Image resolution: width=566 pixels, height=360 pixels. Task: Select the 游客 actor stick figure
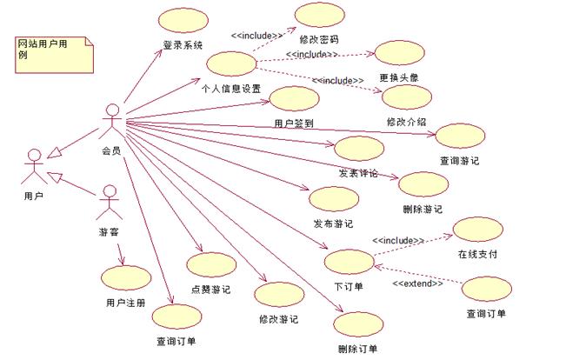tap(108, 202)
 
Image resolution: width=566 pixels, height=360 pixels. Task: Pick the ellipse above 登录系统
tap(183, 23)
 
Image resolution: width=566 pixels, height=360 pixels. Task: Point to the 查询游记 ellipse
tap(458, 136)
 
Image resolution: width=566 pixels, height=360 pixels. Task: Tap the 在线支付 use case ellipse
tap(477, 230)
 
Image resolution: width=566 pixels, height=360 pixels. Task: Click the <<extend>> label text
tap(417, 284)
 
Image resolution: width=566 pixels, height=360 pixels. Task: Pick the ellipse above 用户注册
tap(125, 277)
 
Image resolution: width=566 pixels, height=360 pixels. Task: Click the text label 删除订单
tap(356, 349)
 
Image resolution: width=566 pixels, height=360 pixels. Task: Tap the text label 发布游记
tap(333, 223)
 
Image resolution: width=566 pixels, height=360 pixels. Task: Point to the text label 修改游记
tap(278, 319)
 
